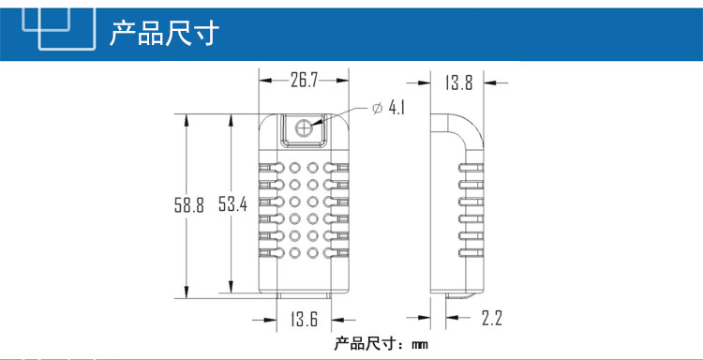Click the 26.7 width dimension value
[x=304, y=81]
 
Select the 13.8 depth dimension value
[x=458, y=82]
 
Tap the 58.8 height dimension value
[x=189, y=205]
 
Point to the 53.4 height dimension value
[x=232, y=204]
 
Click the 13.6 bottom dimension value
[x=304, y=319]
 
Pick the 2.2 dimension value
[x=492, y=318]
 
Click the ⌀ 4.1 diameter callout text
[x=388, y=108]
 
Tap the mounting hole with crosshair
[x=304, y=128]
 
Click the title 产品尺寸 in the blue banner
[x=164, y=33]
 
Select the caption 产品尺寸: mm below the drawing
[x=381, y=344]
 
